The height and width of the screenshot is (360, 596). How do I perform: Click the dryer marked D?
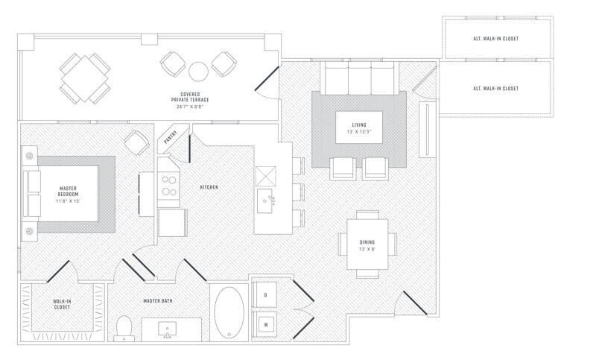point(265,294)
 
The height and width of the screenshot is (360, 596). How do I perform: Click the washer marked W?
point(265,324)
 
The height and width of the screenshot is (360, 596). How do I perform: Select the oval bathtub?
point(229,312)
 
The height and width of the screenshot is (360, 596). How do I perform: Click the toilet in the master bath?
point(124,328)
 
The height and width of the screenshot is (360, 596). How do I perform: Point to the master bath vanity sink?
point(167,329)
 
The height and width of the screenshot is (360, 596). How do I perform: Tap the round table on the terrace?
point(198,71)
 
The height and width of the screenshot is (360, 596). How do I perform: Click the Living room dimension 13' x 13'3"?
point(359,132)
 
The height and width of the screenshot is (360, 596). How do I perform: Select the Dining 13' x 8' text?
point(367,245)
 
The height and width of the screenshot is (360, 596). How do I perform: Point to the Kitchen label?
point(209,187)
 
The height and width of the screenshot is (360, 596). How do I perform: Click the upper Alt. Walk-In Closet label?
point(495,39)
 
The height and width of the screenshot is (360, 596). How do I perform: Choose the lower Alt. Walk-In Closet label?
point(495,88)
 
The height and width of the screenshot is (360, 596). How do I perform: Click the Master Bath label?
point(158,300)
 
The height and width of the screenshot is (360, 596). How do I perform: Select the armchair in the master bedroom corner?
point(136,142)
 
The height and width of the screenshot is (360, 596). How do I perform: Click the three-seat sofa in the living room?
point(359,78)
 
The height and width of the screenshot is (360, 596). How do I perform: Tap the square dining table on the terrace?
point(85,78)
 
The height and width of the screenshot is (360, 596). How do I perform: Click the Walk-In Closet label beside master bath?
point(62,304)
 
